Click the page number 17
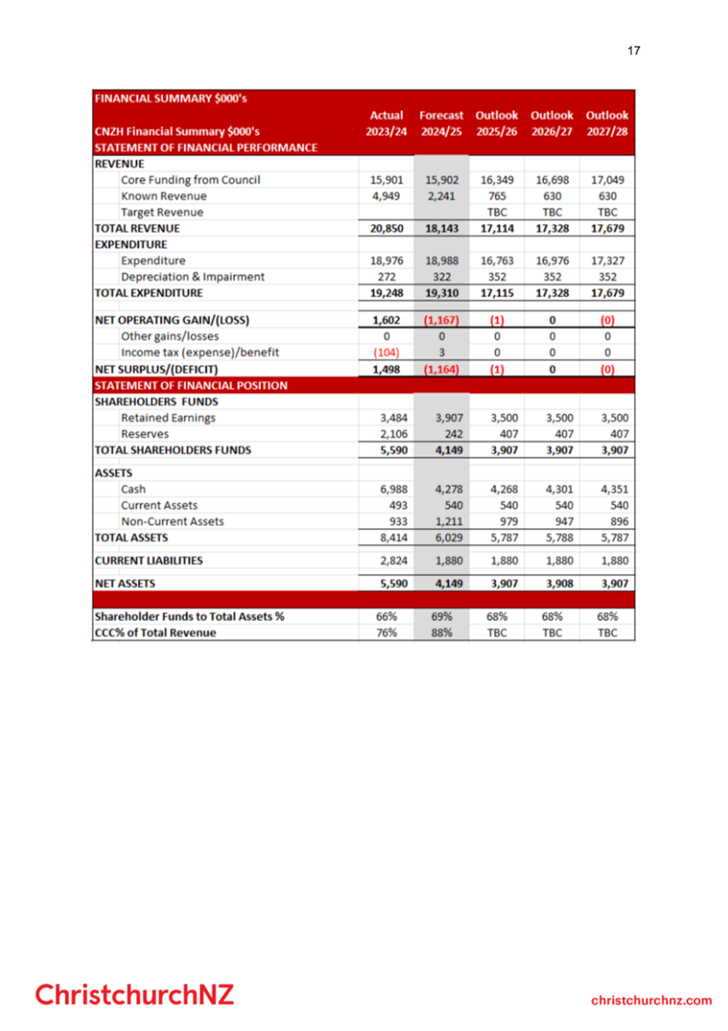(x=633, y=50)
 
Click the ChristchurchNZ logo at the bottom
(x=135, y=994)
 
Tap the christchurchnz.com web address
(x=651, y=1000)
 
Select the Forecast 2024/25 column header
(x=442, y=123)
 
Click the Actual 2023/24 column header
(x=386, y=123)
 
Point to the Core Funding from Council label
(x=191, y=180)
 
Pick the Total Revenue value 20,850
(x=387, y=228)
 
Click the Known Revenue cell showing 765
(x=497, y=196)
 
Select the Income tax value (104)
(x=386, y=353)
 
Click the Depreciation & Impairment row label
(x=193, y=277)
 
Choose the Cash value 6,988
(x=393, y=489)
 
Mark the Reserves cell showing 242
(x=453, y=434)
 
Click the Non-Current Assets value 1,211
(x=449, y=522)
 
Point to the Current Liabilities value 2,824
(x=393, y=560)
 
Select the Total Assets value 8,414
(x=393, y=537)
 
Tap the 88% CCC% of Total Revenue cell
(x=442, y=632)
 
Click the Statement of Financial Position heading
(x=191, y=386)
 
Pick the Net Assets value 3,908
(x=559, y=583)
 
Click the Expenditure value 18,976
(x=387, y=260)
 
